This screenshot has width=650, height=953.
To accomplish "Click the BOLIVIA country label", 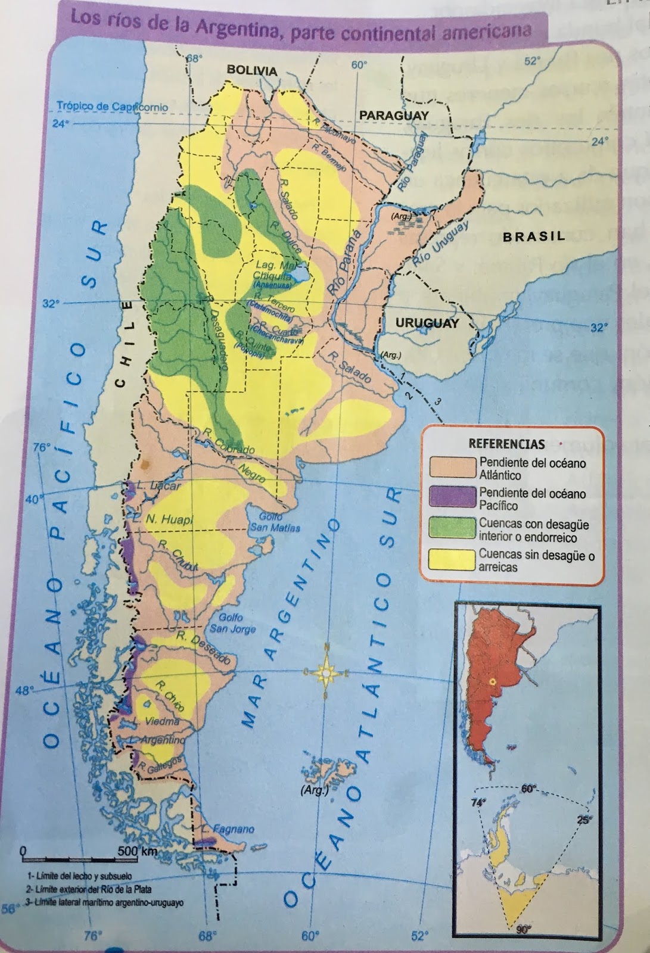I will coord(252,71).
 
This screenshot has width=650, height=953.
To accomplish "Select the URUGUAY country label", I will coord(427,323).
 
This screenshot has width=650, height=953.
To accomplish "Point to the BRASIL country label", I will coord(534,236).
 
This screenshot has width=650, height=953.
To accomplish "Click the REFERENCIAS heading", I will coord(506,444).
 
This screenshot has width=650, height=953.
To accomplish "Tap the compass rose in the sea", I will coord(326,672).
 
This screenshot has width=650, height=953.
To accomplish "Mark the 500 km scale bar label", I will coord(137,851).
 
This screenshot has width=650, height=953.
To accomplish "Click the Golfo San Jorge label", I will coord(232,624).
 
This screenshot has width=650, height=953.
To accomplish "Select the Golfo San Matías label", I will coord(275,522).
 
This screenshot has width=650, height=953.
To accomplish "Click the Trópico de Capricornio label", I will coord(112,107).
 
